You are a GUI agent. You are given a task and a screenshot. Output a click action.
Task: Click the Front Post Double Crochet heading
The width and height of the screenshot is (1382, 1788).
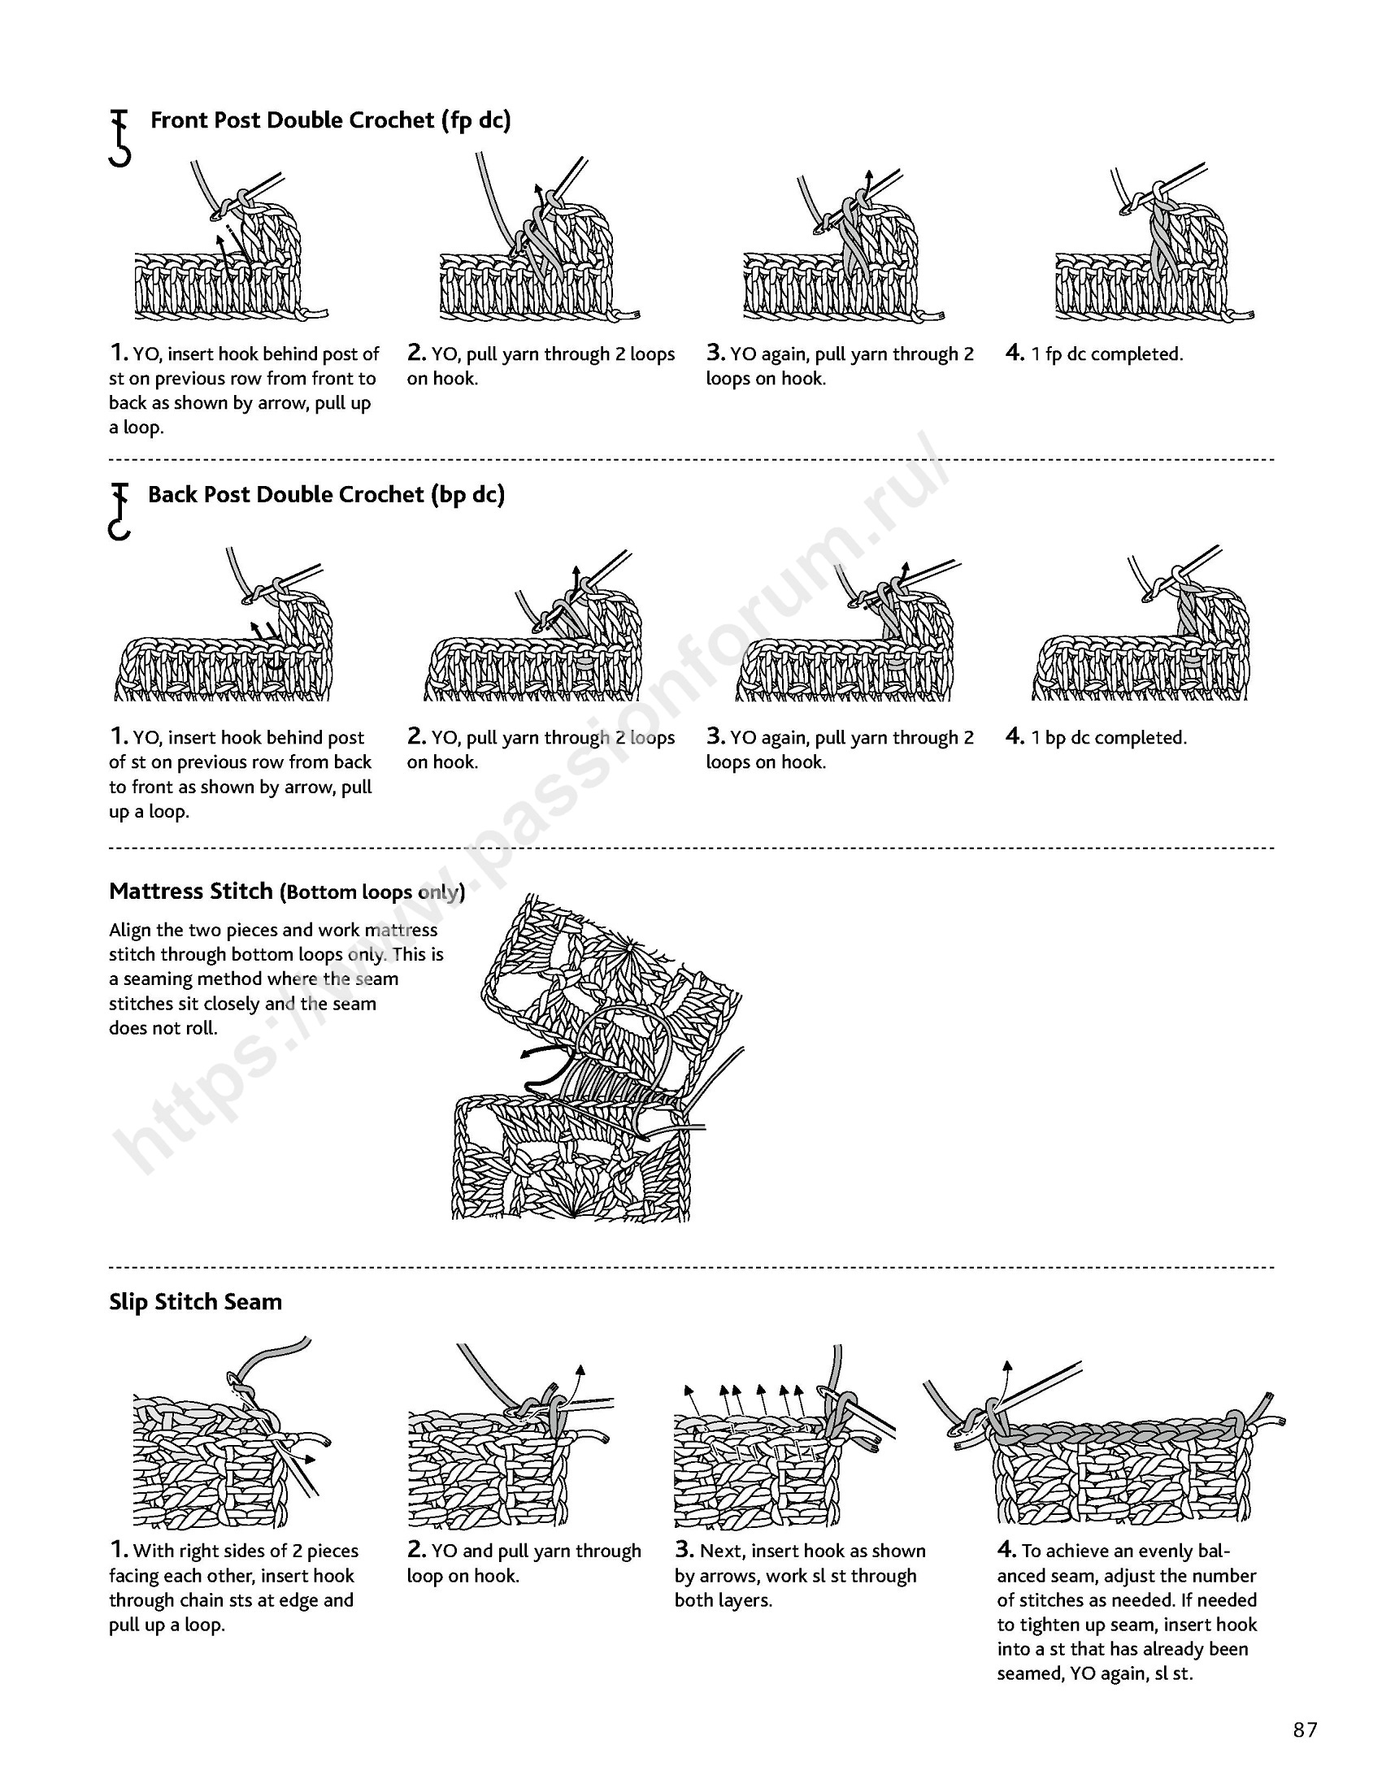coord(330,120)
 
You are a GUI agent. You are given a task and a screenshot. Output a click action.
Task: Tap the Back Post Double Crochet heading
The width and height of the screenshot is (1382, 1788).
coord(326,494)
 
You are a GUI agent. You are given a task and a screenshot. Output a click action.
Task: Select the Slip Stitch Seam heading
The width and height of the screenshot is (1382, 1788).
coord(195,1302)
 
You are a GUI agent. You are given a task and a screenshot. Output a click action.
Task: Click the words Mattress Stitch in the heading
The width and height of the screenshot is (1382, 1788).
coord(191,891)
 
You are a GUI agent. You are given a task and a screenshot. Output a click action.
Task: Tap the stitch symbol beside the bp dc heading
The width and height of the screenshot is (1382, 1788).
coord(120,512)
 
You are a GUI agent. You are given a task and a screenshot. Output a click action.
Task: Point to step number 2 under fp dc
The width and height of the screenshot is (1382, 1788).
coord(417,353)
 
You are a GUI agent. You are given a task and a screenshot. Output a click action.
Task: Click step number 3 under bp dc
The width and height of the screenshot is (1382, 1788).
coord(715,736)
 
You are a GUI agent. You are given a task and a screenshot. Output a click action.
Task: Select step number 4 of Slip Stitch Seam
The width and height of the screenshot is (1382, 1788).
coord(1006,1550)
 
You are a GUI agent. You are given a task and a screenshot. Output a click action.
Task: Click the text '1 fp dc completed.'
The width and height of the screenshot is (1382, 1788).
coord(1106,354)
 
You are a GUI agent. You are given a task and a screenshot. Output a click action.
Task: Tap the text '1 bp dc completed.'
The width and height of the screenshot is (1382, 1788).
coord(1108,738)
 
